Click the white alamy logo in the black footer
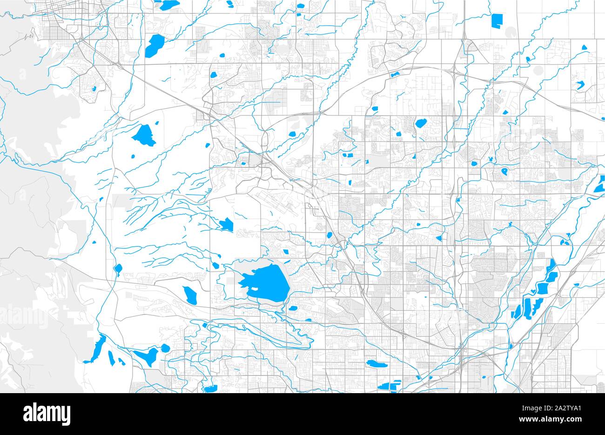pos(47,413)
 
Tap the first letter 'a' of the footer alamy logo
pos(27,414)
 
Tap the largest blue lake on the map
pos(265,281)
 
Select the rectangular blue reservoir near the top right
pos(497,20)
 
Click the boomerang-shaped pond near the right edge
pos(581,85)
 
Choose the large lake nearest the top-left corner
pos(155,46)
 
